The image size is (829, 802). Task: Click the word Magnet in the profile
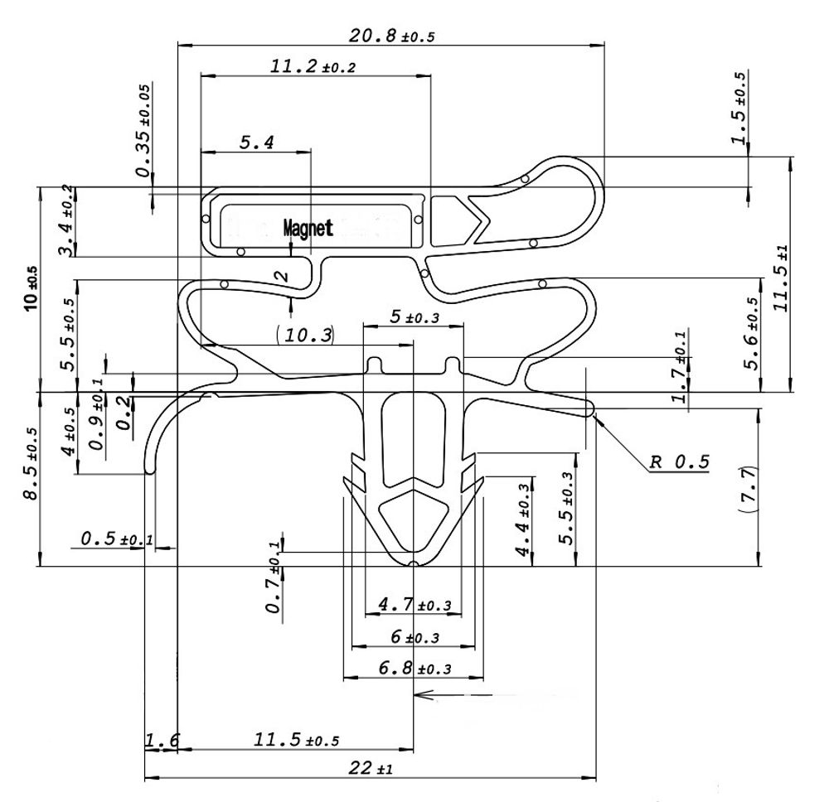(308, 228)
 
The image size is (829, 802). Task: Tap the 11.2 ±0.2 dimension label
(313, 67)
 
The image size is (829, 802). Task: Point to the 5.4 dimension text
(257, 143)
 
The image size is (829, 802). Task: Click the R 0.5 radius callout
(679, 462)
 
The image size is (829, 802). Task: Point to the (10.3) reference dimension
(305, 335)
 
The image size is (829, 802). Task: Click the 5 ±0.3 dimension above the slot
(414, 316)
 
